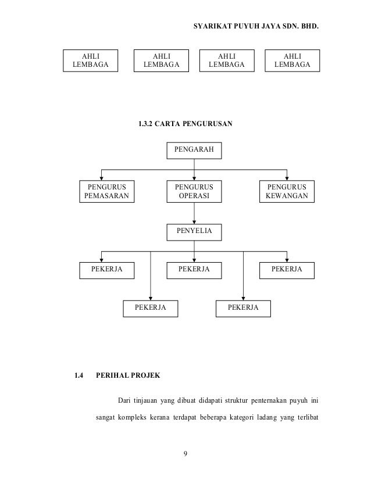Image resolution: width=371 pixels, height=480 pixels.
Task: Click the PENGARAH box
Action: pyautogui.click(x=194, y=151)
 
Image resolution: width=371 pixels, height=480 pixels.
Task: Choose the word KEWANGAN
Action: pyautogui.click(x=287, y=197)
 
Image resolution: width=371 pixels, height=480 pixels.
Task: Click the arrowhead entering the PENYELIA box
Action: pyautogui.click(x=194, y=222)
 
